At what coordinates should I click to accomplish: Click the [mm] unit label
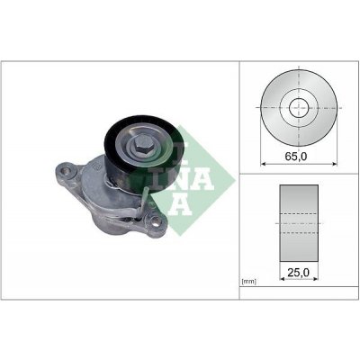[249, 281]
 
